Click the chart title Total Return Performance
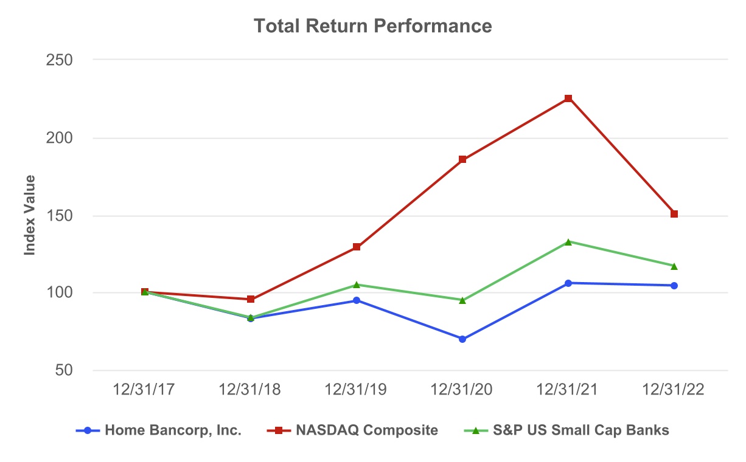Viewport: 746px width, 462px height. coord(372,26)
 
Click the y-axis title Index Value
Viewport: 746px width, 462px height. coord(29,215)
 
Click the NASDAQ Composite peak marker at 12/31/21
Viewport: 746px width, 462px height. coord(568,98)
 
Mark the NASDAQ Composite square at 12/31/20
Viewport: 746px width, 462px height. coord(462,159)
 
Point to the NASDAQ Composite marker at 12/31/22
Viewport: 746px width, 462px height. coord(674,214)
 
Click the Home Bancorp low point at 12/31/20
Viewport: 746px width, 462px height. coord(462,339)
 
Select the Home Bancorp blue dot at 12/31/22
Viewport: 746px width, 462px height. coord(674,286)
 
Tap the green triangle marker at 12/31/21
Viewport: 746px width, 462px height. coord(568,242)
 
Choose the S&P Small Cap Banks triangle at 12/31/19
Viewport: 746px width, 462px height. coord(357,284)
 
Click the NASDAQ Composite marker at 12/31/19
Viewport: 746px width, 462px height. coord(357,247)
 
